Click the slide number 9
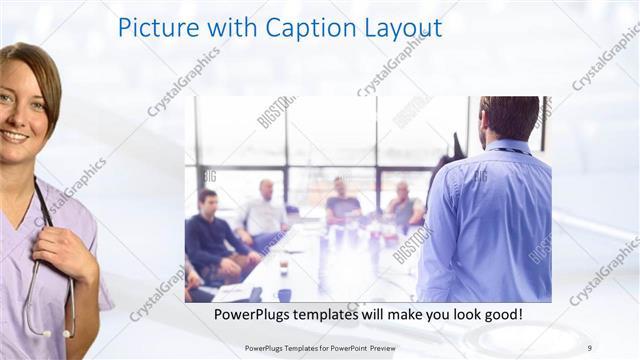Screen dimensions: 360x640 pyautogui.click(x=589, y=347)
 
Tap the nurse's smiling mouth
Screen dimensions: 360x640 pyautogui.click(x=14, y=135)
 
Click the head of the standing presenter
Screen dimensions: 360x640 pyautogui.click(x=510, y=118)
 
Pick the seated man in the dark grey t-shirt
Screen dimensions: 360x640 pyautogui.click(x=342, y=204)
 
